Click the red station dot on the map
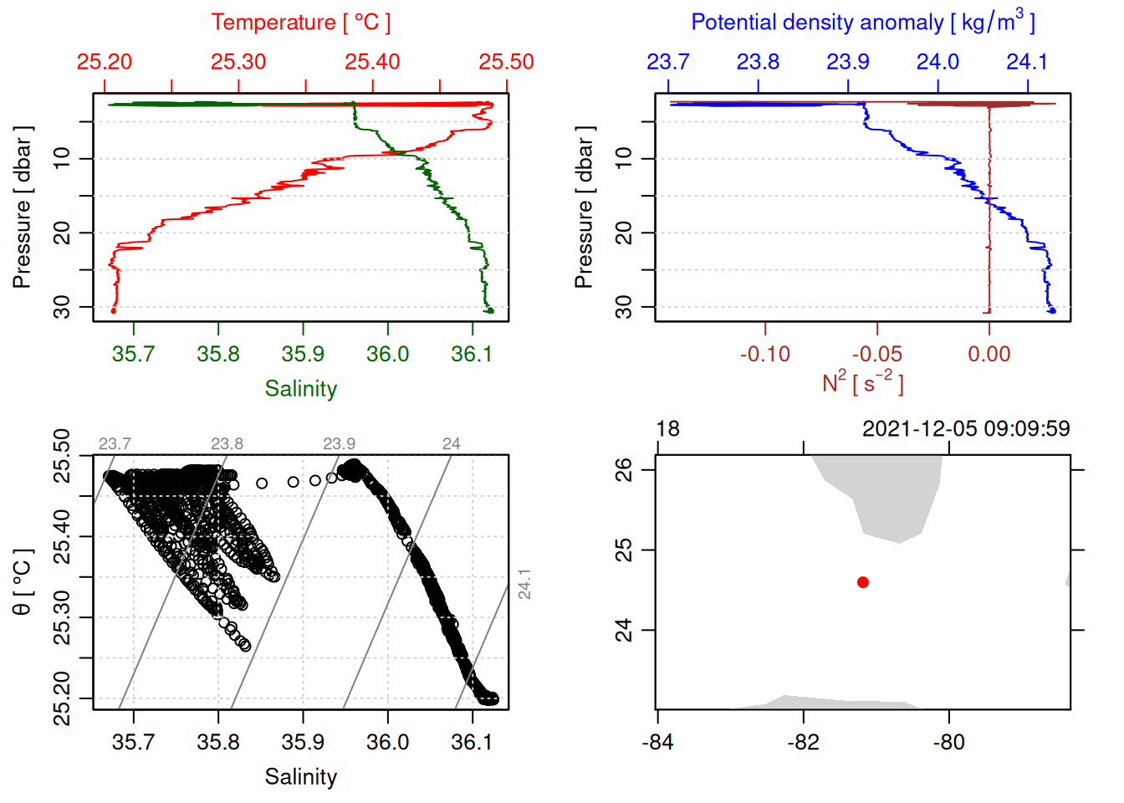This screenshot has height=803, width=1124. (x=862, y=582)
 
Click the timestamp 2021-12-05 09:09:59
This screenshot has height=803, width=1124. (x=965, y=429)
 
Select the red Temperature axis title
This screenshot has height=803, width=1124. (x=300, y=23)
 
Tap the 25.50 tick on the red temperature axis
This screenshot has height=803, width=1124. (x=506, y=62)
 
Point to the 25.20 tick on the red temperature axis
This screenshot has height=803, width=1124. (x=105, y=62)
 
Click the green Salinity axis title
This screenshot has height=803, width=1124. (x=300, y=389)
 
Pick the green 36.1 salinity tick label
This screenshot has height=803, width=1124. (x=472, y=355)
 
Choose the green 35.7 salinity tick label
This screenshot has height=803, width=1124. (x=133, y=355)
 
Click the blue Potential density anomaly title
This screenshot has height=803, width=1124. (x=862, y=23)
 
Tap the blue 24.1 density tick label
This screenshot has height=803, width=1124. (x=1026, y=62)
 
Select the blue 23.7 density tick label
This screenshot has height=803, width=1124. (x=668, y=62)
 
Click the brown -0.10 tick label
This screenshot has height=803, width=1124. (x=764, y=355)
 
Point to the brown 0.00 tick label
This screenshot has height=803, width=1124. (x=989, y=355)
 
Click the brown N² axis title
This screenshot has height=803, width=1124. (x=862, y=383)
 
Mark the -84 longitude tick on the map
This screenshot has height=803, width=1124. (x=658, y=742)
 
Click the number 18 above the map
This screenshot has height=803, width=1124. (x=667, y=429)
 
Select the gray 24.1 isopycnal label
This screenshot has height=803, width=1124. (x=524, y=584)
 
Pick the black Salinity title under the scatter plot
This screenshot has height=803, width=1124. (x=300, y=777)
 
